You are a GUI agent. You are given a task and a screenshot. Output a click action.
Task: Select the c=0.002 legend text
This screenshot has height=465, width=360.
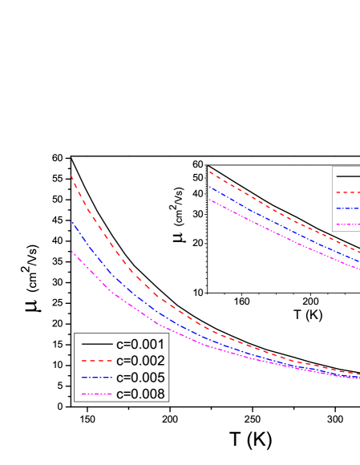pyautogui.click(x=140, y=360)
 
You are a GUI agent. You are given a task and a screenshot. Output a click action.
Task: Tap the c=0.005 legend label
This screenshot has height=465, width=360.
pyautogui.click(x=140, y=377)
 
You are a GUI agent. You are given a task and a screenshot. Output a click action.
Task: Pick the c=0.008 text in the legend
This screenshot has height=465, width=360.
pyautogui.click(x=140, y=394)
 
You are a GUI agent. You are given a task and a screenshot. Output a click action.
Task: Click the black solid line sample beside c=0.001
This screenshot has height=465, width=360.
pyautogui.click(x=96, y=343)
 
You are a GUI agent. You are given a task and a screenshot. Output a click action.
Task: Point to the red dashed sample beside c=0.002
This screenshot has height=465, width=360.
pyautogui.click(x=96, y=360)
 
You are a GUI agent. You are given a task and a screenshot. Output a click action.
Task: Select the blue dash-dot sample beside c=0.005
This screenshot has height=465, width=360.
pyautogui.click(x=96, y=377)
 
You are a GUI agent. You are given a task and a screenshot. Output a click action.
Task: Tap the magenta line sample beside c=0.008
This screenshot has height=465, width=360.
pyautogui.click(x=96, y=394)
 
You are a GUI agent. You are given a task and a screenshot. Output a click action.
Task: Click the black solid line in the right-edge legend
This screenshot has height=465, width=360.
pyautogui.click(x=348, y=176)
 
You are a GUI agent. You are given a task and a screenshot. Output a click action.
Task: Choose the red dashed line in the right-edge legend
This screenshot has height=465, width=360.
pyautogui.click(x=348, y=192)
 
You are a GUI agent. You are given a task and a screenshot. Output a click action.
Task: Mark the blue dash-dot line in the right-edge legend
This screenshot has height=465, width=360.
pyautogui.click(x=348, y=208)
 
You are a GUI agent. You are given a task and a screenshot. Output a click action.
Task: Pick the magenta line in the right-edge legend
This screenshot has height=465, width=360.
pyautogui.click(x=348, y=224)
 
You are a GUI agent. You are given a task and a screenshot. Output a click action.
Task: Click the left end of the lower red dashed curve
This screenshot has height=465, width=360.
pyautogui.click(x=71, y=176)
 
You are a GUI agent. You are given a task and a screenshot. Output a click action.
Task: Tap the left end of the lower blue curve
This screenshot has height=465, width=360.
pyautogui.click(x=71, y=220)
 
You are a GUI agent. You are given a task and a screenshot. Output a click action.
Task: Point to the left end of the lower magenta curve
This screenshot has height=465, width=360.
pyautogui.click(x=71, y=250)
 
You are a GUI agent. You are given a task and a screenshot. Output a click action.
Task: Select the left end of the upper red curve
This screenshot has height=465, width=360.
pyautogui.click(x=209, y=172)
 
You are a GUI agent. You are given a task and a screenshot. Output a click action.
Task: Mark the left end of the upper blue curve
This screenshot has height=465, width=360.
pyautogui.click(x=209, y=186)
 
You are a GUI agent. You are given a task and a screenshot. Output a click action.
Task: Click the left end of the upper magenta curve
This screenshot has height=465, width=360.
pyautogui.click(x=209, y=199)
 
